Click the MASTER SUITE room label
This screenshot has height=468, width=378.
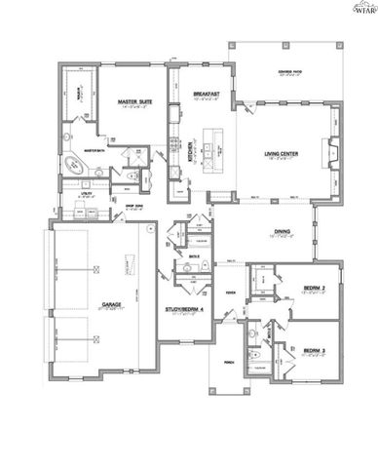pyautogui.click(x=133, y=101)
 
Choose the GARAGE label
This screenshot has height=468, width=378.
pyautogui.click(x=110, y=303)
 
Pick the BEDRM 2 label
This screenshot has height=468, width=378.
pyautogui.click(x=312, y=289)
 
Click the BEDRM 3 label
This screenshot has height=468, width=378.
pyautogui.click(x=313, y=350)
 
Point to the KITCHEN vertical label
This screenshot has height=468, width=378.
pyautogui.click(x=190, y=153)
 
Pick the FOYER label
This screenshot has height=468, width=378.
pyautogui.click(x=231, y=292)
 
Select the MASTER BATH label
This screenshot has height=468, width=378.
pyautogui.click(x=94, y=150)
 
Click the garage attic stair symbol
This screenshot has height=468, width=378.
pyautogui.click(x=128, y=260)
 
